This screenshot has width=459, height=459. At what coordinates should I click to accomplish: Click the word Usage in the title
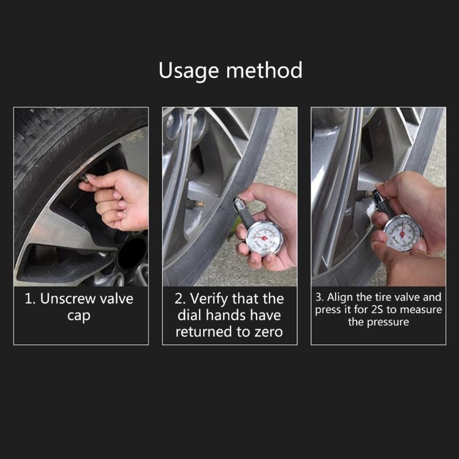click(188, 71)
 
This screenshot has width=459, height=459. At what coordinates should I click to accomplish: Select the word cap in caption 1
click(79, 316)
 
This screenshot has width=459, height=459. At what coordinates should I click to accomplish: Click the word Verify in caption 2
click(212, 299)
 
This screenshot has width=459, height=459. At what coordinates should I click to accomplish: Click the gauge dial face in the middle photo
click(264, 236)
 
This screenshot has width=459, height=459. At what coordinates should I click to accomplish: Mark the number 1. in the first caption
click(30, 299)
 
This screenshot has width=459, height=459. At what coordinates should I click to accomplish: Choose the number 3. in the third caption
click(319, 297)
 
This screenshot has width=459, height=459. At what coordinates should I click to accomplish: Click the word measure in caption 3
click(422, 310)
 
